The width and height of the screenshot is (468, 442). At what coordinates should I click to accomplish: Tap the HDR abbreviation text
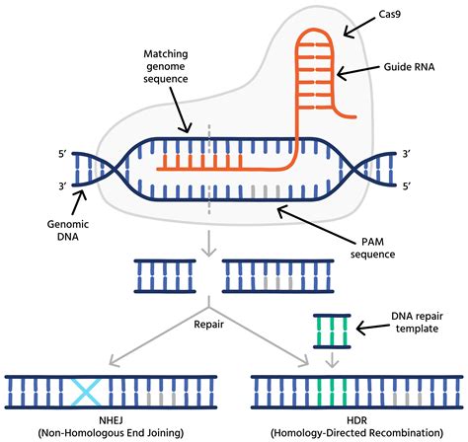(332, 417)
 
